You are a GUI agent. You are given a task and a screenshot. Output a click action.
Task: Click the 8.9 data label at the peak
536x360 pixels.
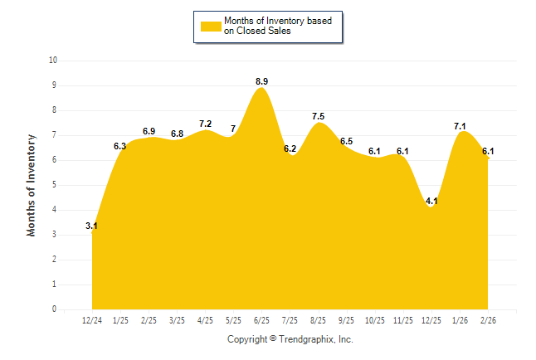pyautogui.click(x=261, y=81)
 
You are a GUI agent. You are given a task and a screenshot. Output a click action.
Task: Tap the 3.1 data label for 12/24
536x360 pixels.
pyautogui.click(x=92, y=226)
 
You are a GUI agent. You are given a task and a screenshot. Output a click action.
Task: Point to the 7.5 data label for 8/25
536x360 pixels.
pyautogui.click(x=318, y=116)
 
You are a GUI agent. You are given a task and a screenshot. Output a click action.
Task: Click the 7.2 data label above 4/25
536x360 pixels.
pyautogui.click(x=205, y=124)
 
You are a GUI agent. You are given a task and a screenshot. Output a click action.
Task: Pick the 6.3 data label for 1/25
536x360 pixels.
pyautogui.click(x=120, y=146)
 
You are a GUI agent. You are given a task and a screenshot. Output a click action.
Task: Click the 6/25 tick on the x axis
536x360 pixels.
pyautogui.click(x=261, y=320)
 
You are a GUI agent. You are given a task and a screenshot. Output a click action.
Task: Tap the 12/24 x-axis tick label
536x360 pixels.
pyautogui.click(x=92, y=320)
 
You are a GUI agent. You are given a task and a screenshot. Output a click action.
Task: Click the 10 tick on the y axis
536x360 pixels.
pyautogui.click(x=53, y=61)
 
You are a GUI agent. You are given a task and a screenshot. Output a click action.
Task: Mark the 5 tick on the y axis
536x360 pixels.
pyautogui.click(x=55, y=185)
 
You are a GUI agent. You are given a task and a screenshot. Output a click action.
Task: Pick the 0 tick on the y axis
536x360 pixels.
pyautogui.click(x=55, y=309)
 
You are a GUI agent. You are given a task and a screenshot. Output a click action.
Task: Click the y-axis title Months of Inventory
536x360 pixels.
pyautogui.click(x=32, y=185)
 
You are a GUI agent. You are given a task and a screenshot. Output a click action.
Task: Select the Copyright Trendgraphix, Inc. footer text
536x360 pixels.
pyautogui.click(x=290, y=339)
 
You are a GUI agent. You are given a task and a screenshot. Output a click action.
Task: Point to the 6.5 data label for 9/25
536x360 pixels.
pyautogui.click(x=346, y=141)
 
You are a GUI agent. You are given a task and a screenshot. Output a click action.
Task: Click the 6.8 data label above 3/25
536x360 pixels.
pyautogui.click(x=177, y=134)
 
